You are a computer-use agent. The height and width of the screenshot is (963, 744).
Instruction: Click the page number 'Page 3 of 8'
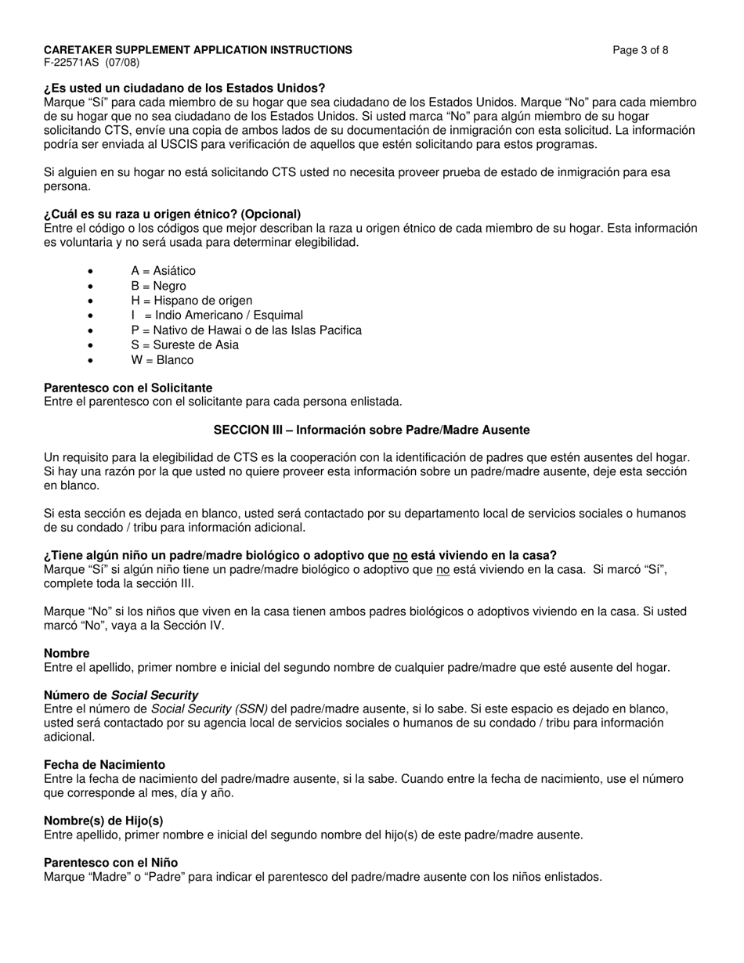pos(640,50)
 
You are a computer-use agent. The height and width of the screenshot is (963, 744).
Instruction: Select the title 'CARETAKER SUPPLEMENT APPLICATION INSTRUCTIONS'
pos(197,50)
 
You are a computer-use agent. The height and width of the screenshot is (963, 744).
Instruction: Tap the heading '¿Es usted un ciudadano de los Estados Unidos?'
pos(184,88)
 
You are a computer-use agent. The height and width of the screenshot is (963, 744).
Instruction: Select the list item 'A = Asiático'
pos(163,271)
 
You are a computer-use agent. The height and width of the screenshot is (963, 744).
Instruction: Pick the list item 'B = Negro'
pos(158,286)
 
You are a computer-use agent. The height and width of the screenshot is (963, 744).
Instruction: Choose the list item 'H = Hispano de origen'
pos(191,301)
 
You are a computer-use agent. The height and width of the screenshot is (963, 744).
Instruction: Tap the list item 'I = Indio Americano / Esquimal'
pos(217,316)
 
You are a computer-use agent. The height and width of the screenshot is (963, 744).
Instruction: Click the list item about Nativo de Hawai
pos(246,330)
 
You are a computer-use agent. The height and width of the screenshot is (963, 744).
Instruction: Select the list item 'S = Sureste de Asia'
pos(185,345)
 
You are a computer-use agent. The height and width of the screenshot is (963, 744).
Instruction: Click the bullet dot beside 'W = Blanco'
pos(91,361)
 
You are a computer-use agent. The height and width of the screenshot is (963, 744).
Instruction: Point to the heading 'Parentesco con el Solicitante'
pos(128,388)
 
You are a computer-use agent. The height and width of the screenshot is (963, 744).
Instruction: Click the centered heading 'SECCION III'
pos(371,431)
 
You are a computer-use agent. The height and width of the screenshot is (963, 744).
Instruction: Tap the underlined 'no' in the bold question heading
pos(399,556)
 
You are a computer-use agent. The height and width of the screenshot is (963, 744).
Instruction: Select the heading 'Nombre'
pos(67,654)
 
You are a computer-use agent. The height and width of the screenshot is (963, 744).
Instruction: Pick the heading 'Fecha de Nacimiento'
pos(104,765)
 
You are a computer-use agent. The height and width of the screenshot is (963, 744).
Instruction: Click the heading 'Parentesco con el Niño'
pos(110,863)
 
